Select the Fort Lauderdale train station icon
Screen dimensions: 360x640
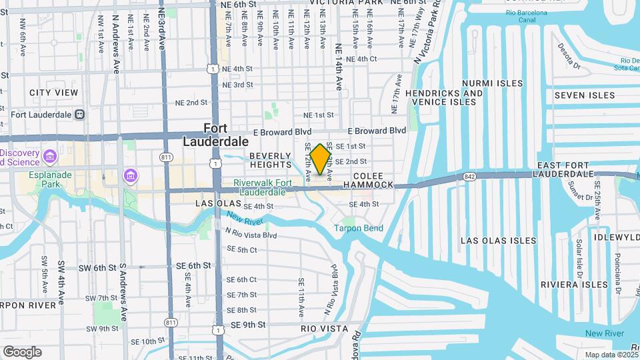pos(79,114)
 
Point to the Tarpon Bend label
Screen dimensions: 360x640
pos(359,229)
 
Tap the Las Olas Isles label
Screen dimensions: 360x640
pos(498,241)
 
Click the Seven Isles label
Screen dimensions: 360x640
pos(585,95)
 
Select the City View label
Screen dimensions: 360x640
pos(53,93)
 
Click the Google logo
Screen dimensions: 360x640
pos(22,351)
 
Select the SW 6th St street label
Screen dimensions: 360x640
pos(96,268)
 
